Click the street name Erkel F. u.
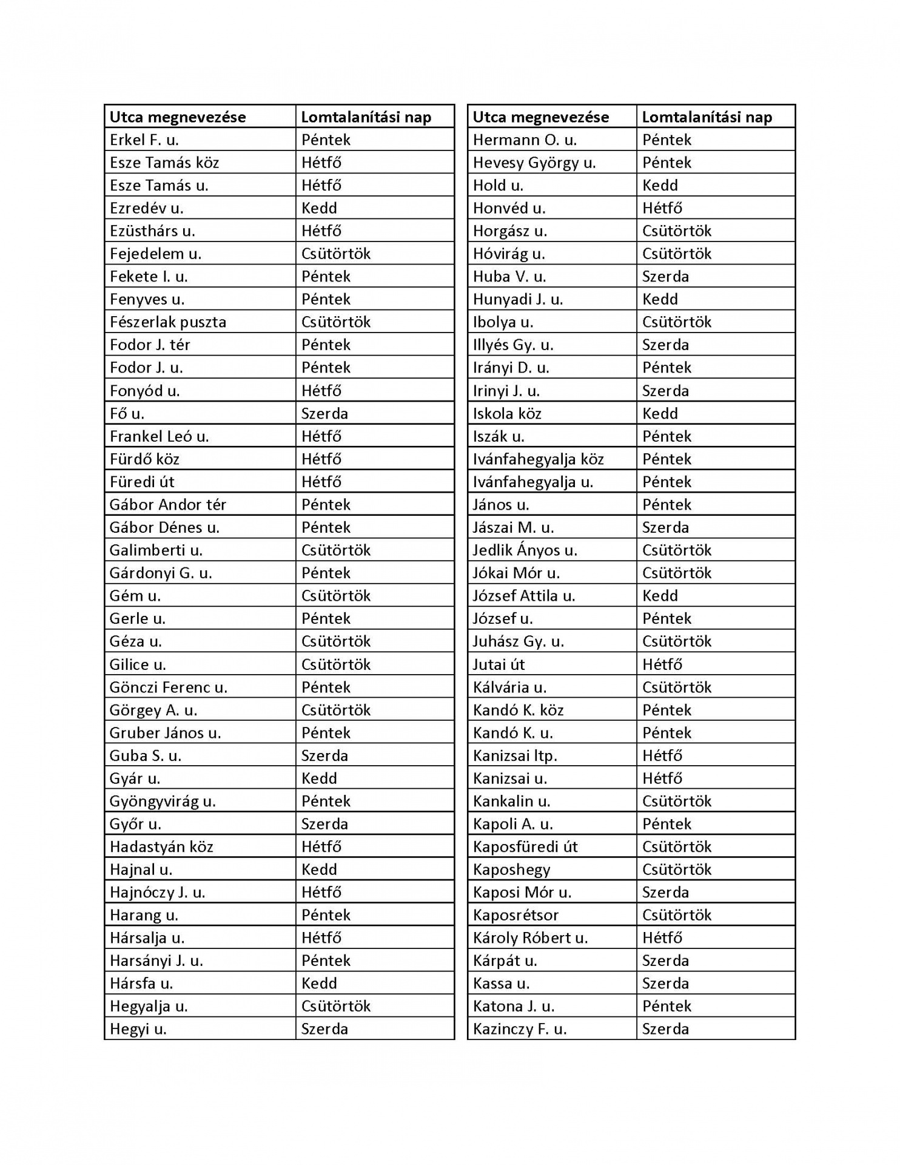tap(144, 140)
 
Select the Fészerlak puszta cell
tap(168, 322)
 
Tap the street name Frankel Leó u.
tap(159, 436)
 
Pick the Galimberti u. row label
tap(156, 550)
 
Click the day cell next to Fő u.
tap(324, 414)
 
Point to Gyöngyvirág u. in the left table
tap(163, 802)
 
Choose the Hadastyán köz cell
tap(161, 847)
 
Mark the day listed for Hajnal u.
tap(319, 870)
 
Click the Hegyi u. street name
tap(138, 1029)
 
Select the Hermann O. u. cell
tap(516, 140)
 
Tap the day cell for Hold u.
tap(660, 186)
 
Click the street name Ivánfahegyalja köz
tap(538, 459)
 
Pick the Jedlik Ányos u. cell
tap(525, 550)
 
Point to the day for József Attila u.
tap(660, 596)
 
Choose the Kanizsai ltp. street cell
tap(514, 756)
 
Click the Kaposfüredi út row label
tap(525, 847)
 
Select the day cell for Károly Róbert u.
tap(662, 938)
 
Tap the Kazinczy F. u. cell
tap(519, 1029)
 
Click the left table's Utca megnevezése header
tap(178, 117)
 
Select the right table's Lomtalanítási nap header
tap(707, 117)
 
